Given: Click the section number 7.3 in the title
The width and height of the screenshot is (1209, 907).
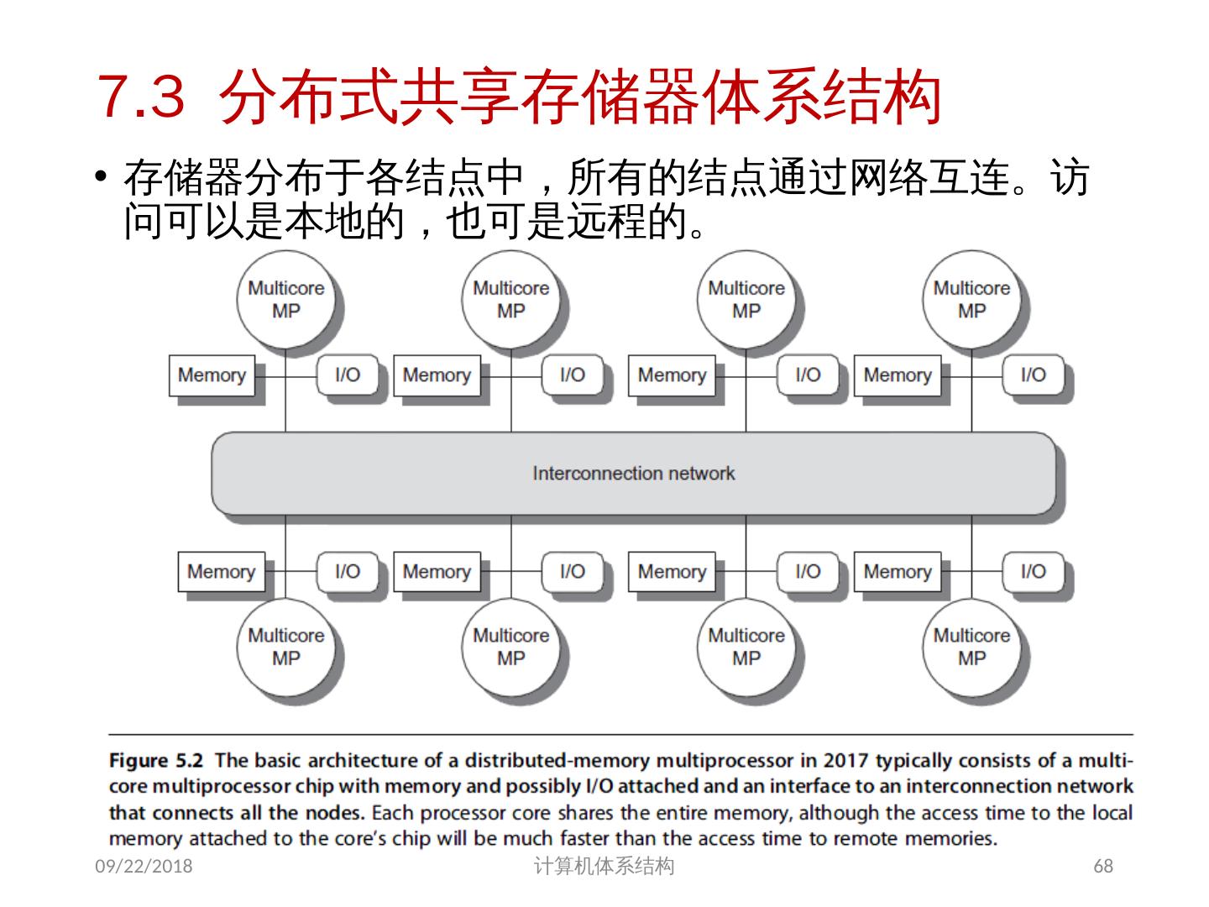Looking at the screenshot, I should pyautogui.click(x=140, y=97).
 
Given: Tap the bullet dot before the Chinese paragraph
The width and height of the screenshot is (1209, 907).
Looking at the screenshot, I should pyautogui.click(x=102, y=176).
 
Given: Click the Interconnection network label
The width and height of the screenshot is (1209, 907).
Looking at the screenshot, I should pyautogui.click(x=633, y=474).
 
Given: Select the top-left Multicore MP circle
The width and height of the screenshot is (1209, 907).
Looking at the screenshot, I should pyautogui.click(x=285, y=300).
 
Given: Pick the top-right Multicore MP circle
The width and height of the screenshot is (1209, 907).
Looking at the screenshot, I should pyautogui.click(x=971, y=300).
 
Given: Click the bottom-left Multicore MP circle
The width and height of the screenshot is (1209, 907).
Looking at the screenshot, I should pyautogui.click(x=285, y=647).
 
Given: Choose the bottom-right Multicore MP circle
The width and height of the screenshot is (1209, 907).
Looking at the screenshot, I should pyautogui.click(x=971, y=647).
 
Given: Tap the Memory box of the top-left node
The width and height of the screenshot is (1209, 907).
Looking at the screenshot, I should pyautogui.click(x=212, y=375).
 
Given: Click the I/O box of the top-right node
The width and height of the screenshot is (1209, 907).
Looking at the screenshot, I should pyautogui.click(x=1033, y=375).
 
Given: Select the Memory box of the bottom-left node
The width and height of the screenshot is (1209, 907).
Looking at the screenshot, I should pyautogui.click(x=221, y=572).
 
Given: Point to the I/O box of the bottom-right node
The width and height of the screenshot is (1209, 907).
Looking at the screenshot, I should pyautogui.click(x=1033, y=572).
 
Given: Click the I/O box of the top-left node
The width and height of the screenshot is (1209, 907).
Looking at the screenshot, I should pyautogui.click(x=347, y=375).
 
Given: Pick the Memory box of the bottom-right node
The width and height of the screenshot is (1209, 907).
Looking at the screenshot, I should pyautogui.click(x=897, y=572).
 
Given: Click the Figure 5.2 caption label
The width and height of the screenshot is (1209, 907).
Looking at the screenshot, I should pyautogui.click(x=156, y=761).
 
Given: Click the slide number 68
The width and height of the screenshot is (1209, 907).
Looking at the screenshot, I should pyautogui.click(x=1103, y=866).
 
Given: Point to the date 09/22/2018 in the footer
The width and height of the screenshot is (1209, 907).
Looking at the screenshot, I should pyautogui.click(x=144, y=866).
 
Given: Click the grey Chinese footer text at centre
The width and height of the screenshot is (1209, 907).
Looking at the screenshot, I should pyautogui.click(x=604, y=866).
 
